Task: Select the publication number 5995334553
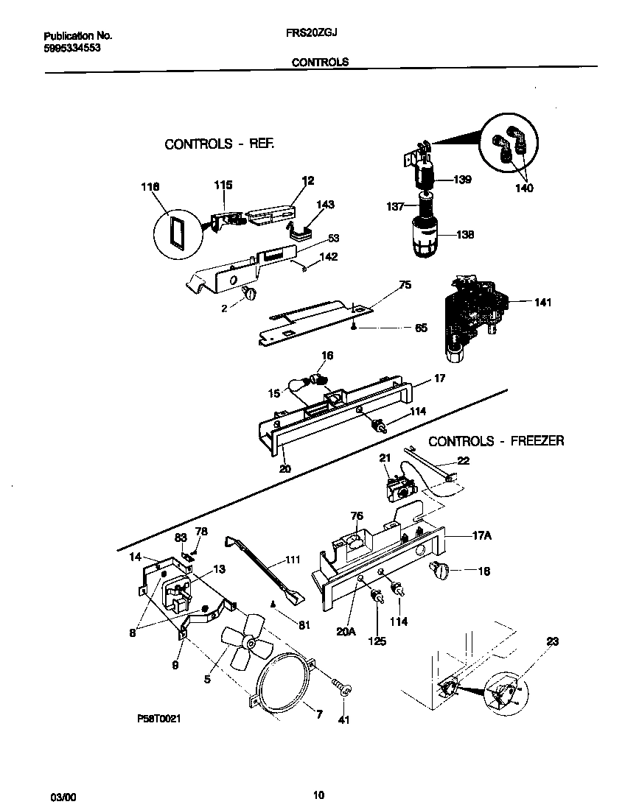(x=72, y=48)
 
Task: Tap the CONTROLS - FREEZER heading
(x=496, y=441)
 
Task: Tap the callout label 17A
(x=481, y=536)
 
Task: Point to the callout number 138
(x=464, y=235)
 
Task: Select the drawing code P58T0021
(x=158, y=716)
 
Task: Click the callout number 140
(x=524, y=189)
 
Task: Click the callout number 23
(x=553, y=641)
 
